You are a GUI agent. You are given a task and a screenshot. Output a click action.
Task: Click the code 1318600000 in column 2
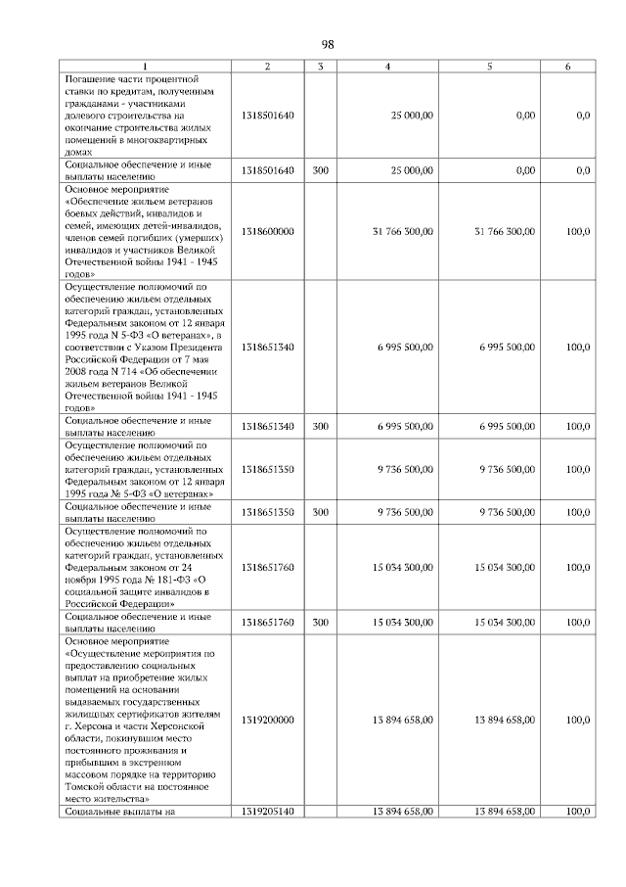[266, 231]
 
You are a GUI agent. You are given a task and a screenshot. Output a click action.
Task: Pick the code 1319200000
[266, 719]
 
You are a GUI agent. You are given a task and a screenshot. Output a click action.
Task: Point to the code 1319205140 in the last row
[266, 812]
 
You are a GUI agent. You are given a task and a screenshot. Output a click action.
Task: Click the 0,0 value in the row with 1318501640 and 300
[583, 169]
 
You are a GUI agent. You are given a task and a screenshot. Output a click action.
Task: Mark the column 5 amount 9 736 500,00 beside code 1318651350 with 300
[505, 511]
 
